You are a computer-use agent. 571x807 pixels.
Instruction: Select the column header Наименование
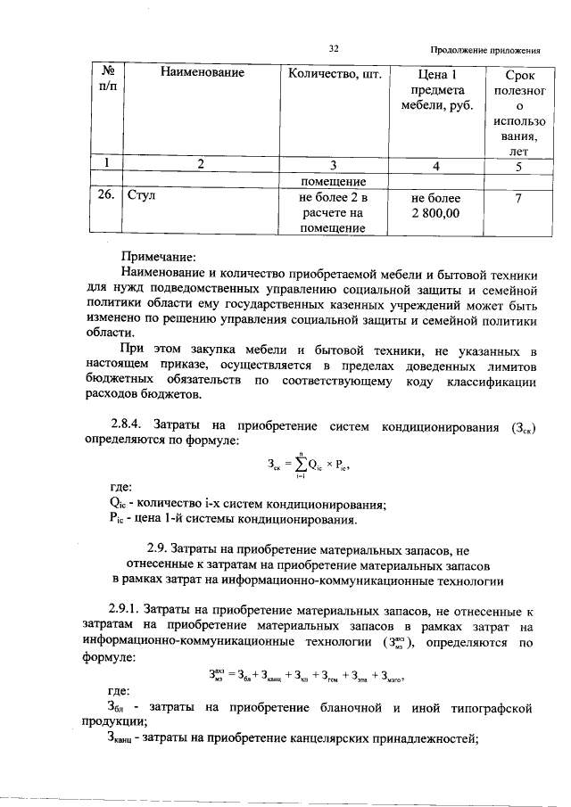pos(202,72)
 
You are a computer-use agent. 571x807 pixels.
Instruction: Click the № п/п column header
pos(111,81)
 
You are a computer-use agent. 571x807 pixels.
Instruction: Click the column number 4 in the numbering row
pos(436,164)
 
